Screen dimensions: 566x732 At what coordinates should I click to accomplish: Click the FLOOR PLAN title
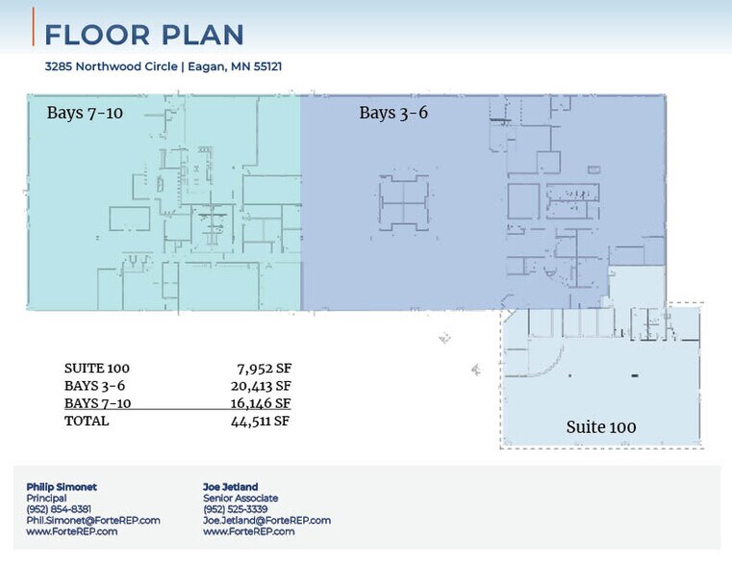pos(144,35)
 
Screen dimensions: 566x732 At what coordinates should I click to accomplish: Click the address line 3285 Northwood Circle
pos(163,66)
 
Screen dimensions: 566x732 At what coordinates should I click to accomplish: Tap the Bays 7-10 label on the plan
pos(85,113)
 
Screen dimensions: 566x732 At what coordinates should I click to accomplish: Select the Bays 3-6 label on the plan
pos(393,113)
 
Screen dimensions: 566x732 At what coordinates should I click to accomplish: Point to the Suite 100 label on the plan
pos(600,426)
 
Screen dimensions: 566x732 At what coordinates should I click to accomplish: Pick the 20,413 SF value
pos(261,386)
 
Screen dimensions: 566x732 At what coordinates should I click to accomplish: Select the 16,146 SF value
pos(261,403)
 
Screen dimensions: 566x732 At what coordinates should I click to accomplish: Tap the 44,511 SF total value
pos(261,421)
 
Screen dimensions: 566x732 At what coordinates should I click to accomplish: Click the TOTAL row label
pos(87,421)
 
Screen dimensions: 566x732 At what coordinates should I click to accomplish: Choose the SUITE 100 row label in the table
pos(96,369)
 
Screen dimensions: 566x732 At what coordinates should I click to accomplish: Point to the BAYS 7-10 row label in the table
pos(97,403)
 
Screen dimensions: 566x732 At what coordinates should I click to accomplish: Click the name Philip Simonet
pos(62,487)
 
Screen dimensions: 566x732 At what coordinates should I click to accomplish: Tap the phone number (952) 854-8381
pos(59,509)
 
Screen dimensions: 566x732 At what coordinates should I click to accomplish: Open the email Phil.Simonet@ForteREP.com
pos(93,520)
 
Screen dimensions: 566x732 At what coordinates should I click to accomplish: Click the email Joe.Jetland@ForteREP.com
pos(266,520)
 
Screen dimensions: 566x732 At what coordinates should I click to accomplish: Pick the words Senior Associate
pos(240,498)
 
